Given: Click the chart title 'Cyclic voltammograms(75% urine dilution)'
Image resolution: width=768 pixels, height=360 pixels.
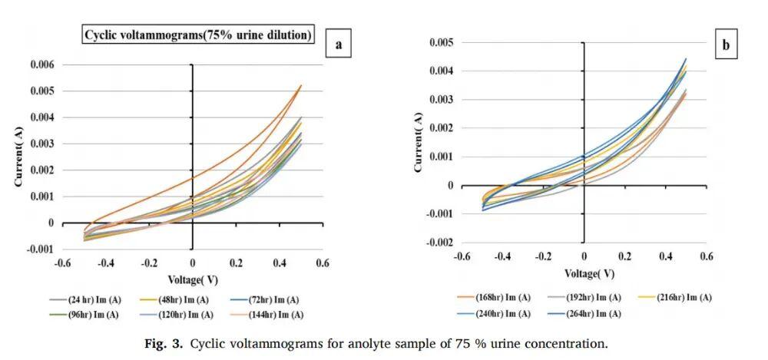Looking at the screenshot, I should pyautogui.click(x=198, y=35).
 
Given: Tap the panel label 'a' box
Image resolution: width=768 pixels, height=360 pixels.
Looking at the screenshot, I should pyautogui.click(x=338, y=45).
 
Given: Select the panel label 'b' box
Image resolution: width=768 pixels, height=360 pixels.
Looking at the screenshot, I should pyautogui.click(x=725, y=46).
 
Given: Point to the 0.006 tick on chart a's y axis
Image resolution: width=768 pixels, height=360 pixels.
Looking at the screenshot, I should pyautogui.click(x=42, y=65).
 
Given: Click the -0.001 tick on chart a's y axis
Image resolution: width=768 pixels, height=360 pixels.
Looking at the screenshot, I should pyautogui.click(x=41, y=249).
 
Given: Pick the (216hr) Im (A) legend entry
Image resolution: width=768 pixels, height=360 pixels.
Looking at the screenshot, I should pyautogui.click(x=684, y=297).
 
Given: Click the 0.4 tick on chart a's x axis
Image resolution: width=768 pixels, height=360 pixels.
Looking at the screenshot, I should pyautogui.click(x=279, y=263).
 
